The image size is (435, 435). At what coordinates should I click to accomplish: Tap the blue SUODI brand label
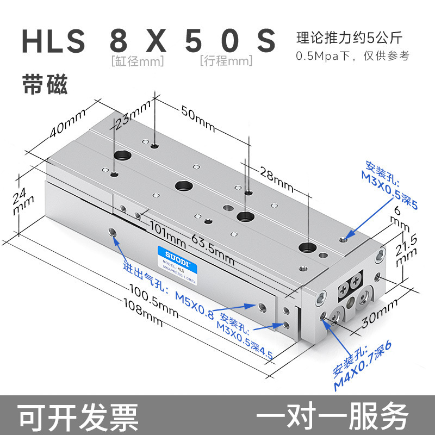[x=170, y=253]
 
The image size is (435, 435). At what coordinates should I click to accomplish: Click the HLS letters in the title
[x=53, y=41]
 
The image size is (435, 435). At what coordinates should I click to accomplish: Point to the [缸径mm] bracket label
[x=136, y=61]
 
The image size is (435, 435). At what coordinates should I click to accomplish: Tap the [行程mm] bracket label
[x=226, y=61]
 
